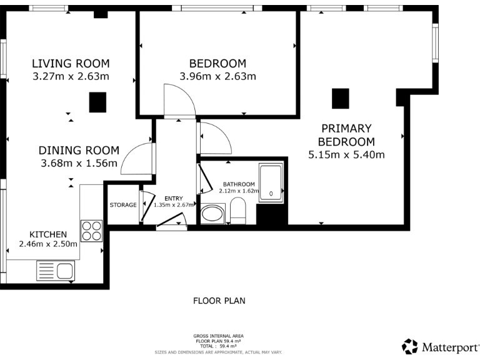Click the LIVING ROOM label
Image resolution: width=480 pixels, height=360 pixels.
(x=71, y=63)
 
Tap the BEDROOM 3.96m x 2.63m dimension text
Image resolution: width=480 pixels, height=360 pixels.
(x=217, y=77)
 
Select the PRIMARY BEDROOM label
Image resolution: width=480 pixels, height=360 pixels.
(x=346, y=134)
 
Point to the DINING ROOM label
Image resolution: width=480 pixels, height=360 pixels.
(x=79, y=150)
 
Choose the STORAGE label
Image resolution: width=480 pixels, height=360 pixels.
(x=123, y=204)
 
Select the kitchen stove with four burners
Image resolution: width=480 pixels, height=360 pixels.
(x=91, y=231)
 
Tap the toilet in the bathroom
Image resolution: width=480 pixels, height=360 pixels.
(x=238, y=211)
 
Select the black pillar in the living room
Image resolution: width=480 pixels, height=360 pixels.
(x=97, y=102)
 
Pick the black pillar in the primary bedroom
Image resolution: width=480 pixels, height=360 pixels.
(x=340, y=98)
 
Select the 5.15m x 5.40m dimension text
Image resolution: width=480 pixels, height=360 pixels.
(x=346, y=154)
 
